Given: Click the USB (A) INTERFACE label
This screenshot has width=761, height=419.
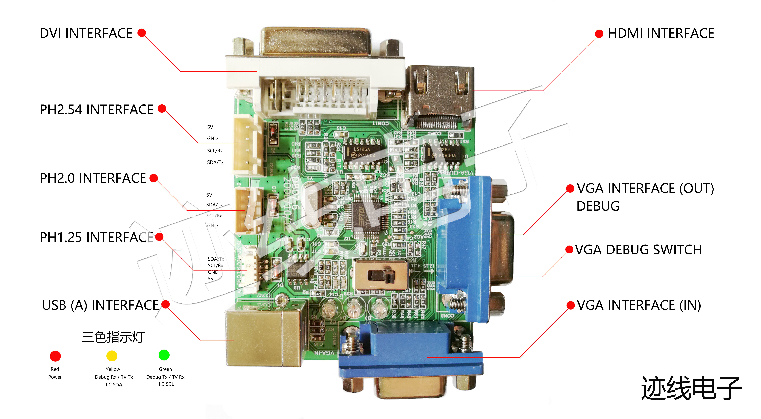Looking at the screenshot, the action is pos(100,305).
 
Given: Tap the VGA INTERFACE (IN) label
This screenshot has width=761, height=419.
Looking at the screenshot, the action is pos(639,305).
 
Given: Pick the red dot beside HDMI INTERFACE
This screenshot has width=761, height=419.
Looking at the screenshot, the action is pos(599,34).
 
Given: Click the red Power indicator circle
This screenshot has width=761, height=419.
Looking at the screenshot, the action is pos(55,356).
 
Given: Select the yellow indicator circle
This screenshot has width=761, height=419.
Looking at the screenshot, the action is pos(112,356).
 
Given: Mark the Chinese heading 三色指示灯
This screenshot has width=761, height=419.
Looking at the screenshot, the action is pos(113,337).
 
